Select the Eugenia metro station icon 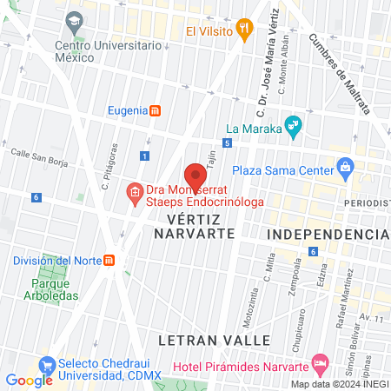(x=155, y=110)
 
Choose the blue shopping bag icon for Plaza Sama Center (x=345, y=166)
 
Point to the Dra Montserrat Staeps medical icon (x=134, y=190)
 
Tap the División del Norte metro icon (x=109, y=260)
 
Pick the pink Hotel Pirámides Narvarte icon (x=320, y=361)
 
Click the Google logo (x=29, y=380)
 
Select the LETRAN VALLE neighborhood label (x=222, y=338)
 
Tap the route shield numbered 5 (x=227, y=142)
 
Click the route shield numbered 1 (x=144, y=155)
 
